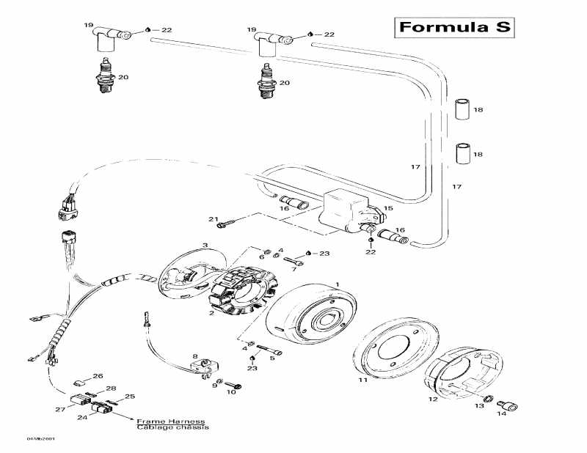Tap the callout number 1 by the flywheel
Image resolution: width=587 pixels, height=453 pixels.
337,284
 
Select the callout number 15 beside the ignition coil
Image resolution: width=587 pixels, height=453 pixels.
388,208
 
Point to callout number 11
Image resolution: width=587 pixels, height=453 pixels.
362,381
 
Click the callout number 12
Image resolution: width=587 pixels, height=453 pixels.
433,399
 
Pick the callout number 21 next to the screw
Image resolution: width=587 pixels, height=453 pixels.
214,219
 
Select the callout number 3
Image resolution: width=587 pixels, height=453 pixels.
205,245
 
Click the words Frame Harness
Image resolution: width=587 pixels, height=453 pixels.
171,423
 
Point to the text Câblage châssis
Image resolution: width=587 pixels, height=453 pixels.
171,429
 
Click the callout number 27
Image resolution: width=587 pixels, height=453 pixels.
61,410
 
